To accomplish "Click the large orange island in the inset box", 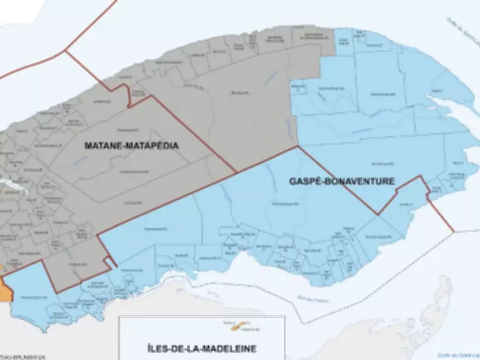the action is tap(244, 325).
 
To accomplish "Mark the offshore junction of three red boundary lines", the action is tap(64, 50).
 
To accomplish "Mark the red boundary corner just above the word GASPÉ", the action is tap(298, 146).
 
